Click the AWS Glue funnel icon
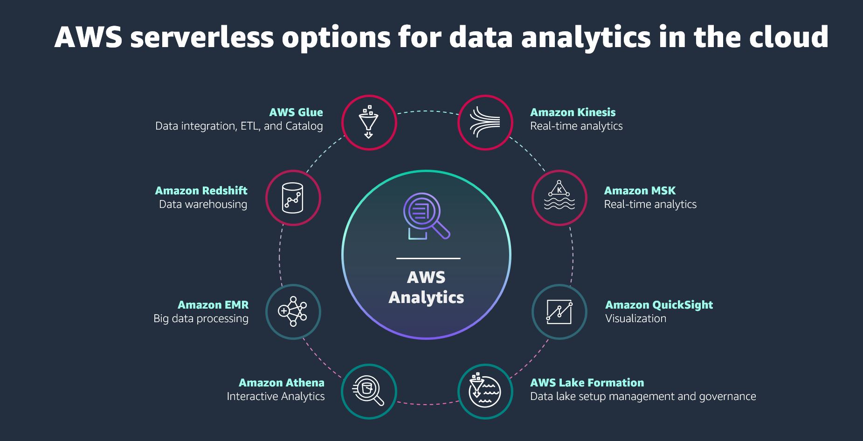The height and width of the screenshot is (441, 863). [369, 123]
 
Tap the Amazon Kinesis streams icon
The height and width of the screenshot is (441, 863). [485, 123]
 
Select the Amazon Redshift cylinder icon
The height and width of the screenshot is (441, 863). [293, 198]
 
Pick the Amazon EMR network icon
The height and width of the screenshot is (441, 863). [293, 311]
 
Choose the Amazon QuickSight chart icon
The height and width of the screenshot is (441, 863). [559, 311]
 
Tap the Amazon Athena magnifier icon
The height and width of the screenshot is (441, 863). [369, 391]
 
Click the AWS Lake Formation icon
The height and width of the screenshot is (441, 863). [485, 391]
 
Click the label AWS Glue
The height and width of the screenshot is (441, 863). [296, 112]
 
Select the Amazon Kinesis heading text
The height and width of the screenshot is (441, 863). [573, 112]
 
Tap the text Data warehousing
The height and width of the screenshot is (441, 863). [203, 204]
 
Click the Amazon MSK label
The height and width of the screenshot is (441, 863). [640, 191]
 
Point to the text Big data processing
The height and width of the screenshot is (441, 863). [201, 318]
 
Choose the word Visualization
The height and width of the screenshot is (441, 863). [635, 318]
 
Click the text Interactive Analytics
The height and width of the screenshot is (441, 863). [276, 396]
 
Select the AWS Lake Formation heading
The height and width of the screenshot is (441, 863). [587, 383]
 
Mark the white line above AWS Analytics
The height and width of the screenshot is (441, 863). [428, 258]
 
